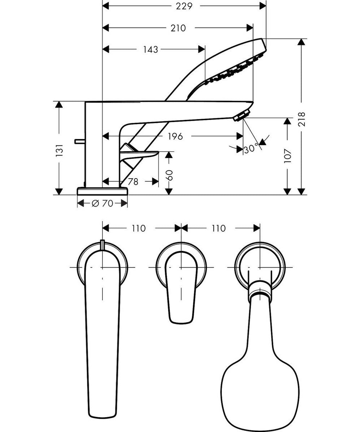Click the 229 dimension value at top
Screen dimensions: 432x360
(184, 6)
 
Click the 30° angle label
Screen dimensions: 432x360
(251, 148)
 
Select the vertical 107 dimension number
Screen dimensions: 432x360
(287, 156)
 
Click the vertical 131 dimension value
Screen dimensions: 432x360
(60, 150)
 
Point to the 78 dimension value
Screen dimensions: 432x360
(133, 182)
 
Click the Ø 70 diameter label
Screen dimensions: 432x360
(102, 204)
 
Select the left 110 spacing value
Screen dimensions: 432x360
(138, 228)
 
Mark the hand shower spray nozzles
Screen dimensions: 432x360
(234, 72)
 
